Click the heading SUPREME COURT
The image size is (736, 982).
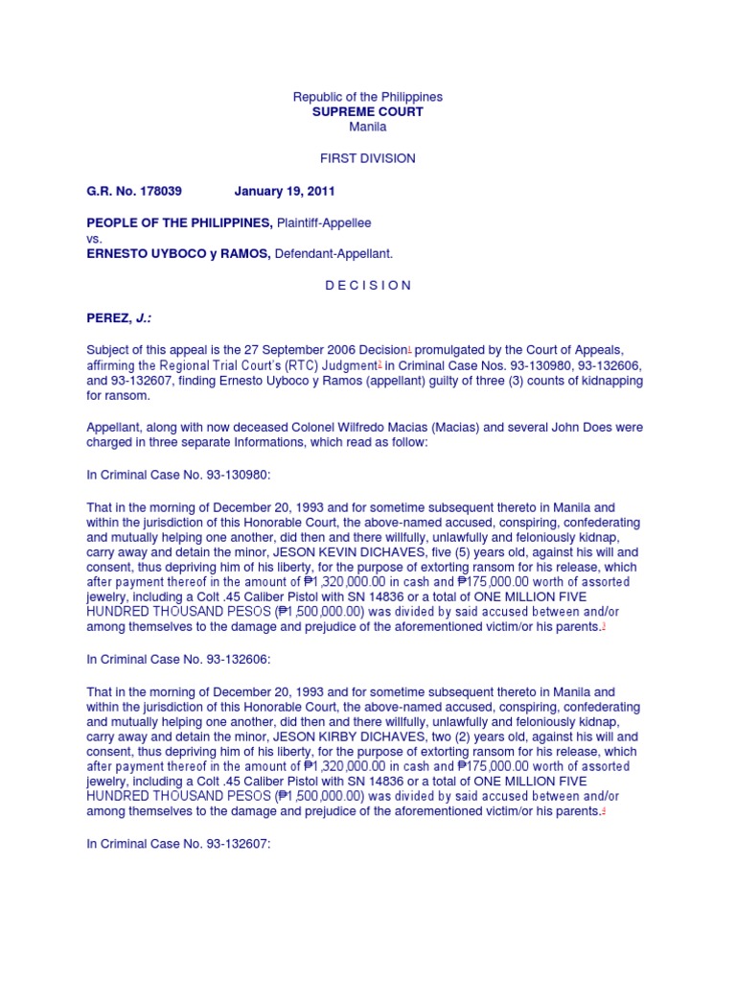[x=368, y=112]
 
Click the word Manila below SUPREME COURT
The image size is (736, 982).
[x=368, y=127]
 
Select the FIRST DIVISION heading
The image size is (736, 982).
[x=368, y=158]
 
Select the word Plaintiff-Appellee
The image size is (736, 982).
[x=324, y=222]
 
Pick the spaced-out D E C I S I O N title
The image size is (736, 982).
[x=368, y=285]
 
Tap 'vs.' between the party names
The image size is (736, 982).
[x=94, y=239]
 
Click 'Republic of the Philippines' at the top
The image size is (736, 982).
[x=368, y=97]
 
